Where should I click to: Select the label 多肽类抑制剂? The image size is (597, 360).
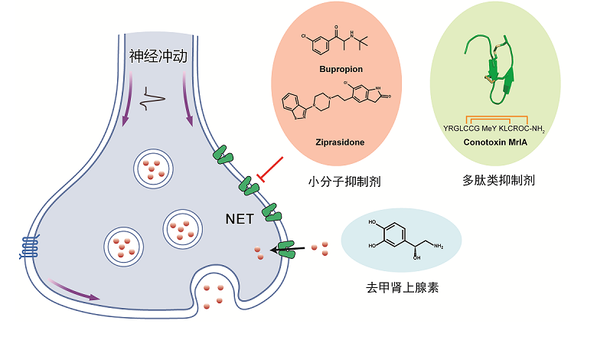pyautogui.click(x=498, y=182)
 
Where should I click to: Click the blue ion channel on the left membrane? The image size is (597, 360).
pyautogui.click(x=28, y=247)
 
